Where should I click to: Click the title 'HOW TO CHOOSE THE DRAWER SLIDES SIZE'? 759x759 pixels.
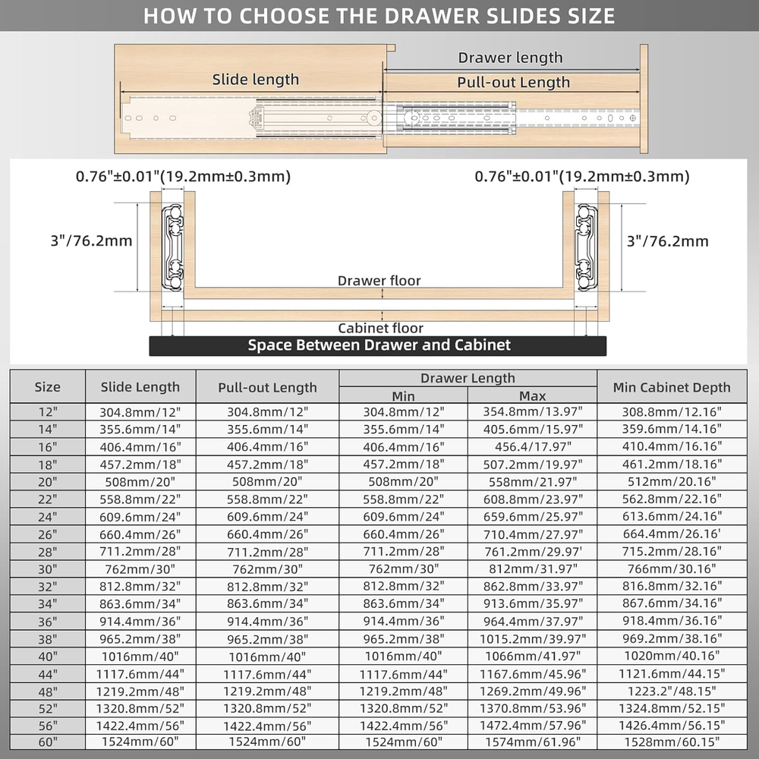click(x=379, y=16)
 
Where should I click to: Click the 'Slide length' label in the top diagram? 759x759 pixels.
click(x=255, y=79)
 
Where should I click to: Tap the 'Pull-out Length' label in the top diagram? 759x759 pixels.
click(x=513, y=82)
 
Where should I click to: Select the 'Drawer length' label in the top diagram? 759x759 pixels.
click(x=510, y=58)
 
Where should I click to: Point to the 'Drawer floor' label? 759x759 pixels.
click(x=379, y=281)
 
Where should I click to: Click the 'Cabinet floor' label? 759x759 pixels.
click(x=380, y=328)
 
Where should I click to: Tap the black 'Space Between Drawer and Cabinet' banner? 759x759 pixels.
click(x=379, y=345)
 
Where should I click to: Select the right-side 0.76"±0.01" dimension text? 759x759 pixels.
click(x=581, y=176)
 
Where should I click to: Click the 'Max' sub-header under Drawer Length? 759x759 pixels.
click(x=532, y=396)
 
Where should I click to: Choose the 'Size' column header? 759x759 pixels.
click(x=47, y=387)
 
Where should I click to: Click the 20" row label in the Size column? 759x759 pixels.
click(x=47, y=481)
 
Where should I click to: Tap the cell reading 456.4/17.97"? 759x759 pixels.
click(x=532, y=447)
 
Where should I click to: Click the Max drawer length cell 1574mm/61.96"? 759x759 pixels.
click(x=532, y=742)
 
